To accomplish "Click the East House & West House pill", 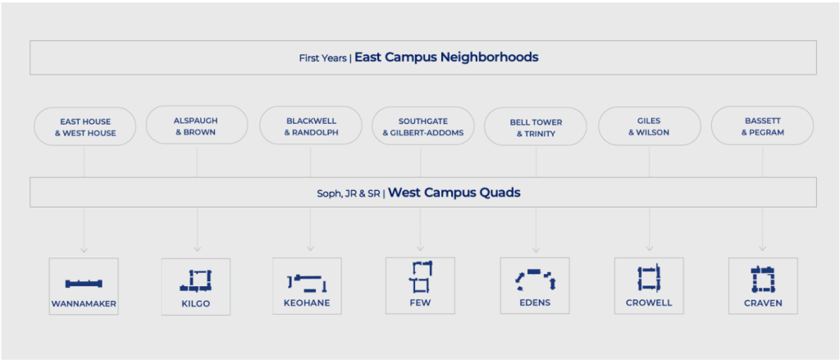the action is coord(84,126).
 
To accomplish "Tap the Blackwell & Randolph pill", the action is coord(311,126).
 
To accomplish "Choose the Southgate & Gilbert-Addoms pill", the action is coord(422,126).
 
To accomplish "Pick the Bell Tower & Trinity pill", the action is coord(535,126).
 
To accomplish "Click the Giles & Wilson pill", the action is coord(650,126).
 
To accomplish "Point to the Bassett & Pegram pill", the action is coord(762,126).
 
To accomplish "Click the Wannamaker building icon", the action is coord(84,284).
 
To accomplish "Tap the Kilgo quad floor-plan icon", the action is coord(196,280).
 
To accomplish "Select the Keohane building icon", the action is coord(307,282).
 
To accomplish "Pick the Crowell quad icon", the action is coord(649,278).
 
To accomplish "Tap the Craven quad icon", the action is coord(763,279).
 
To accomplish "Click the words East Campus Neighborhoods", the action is coord(446,57).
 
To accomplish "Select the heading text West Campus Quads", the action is coord(454,193).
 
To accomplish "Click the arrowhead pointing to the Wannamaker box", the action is coord(84,249).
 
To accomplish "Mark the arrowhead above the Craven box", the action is coord(762,248).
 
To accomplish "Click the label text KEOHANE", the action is coord(307,303).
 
